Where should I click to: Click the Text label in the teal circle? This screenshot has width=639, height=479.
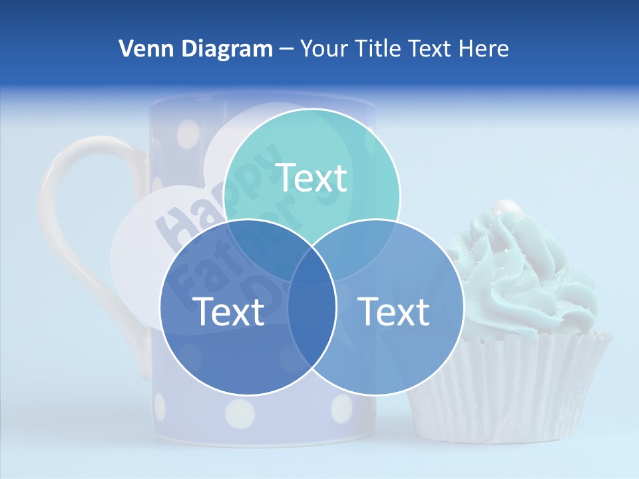pos(312,178)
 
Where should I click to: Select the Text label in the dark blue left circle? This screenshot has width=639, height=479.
pos(228,311)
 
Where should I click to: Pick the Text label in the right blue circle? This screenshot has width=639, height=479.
pos(394,311)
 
